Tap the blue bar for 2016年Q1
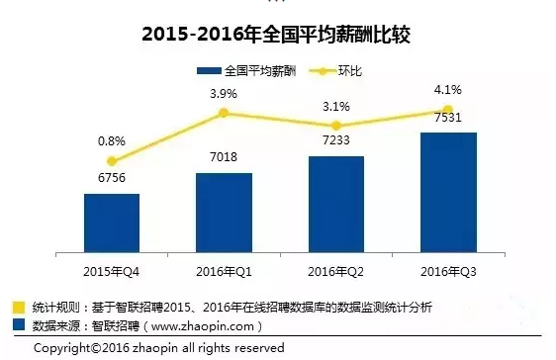coord(224,210)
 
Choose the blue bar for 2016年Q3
coord(448,189)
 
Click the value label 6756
coord(112,181)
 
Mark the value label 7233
coord(336,142)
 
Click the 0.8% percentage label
coord(111,141)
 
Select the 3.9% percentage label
coord(224,93)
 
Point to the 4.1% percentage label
coord(448,90)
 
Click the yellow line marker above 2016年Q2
coord(336,126)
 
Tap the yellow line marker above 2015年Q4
coord(112,161)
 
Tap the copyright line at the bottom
coord(158,348)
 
